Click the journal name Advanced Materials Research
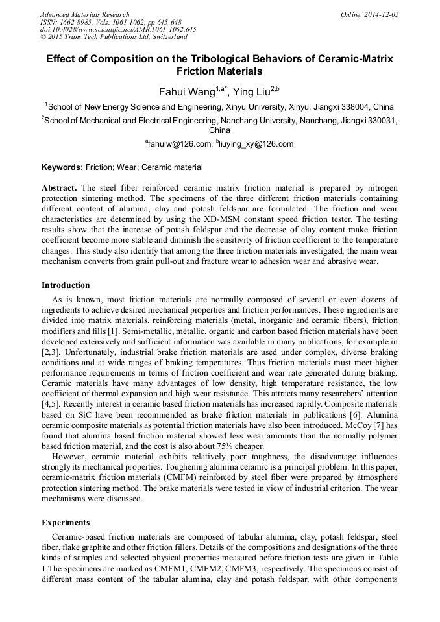(x=84, y=14)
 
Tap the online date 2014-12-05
(x=381, y=14)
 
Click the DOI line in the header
(x=118, y=29)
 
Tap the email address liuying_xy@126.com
(x=257, y=144)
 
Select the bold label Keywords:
(x=62, y=167)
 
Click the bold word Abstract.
(x=59, y=187)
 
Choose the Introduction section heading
(x=66, y=285)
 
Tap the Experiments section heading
(x=66, y=522)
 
